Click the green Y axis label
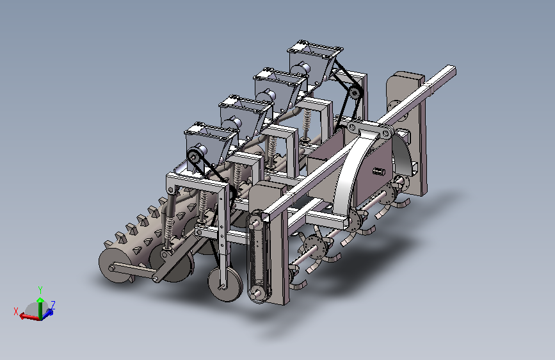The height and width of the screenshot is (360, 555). [x=40, y=291]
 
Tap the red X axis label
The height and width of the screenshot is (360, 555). [x=16, y=311]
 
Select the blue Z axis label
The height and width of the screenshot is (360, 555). [x=52, y=305]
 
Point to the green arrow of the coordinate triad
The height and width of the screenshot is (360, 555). [x=40, y=307]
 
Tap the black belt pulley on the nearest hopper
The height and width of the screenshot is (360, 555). [x=193, y=156]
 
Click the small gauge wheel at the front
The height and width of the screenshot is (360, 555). [x=225, y=284]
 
